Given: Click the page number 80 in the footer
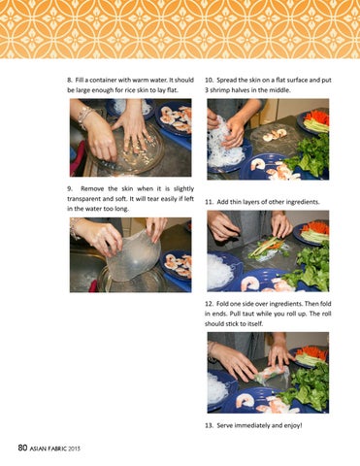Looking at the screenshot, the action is (x=22, y=448).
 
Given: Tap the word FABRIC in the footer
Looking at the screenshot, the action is (x=56, y=449).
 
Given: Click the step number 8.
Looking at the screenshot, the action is (x=69, y=80).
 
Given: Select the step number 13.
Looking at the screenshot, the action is (x=209, y=425).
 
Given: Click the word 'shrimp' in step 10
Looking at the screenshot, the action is (x=219, y=90).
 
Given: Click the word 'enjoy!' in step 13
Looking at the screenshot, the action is (x=293, y=425).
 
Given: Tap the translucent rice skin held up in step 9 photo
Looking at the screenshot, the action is (x=133, y=255).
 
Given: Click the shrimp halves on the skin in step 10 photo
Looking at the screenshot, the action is (x=275, y=135).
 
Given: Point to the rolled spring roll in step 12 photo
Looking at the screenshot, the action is (x=271, y=376).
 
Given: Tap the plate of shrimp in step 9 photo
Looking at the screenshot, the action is (x=178, y=265).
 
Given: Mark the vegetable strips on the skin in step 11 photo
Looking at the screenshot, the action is (x=266, y=247).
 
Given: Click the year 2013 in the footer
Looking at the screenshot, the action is (x=74, y=449).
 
